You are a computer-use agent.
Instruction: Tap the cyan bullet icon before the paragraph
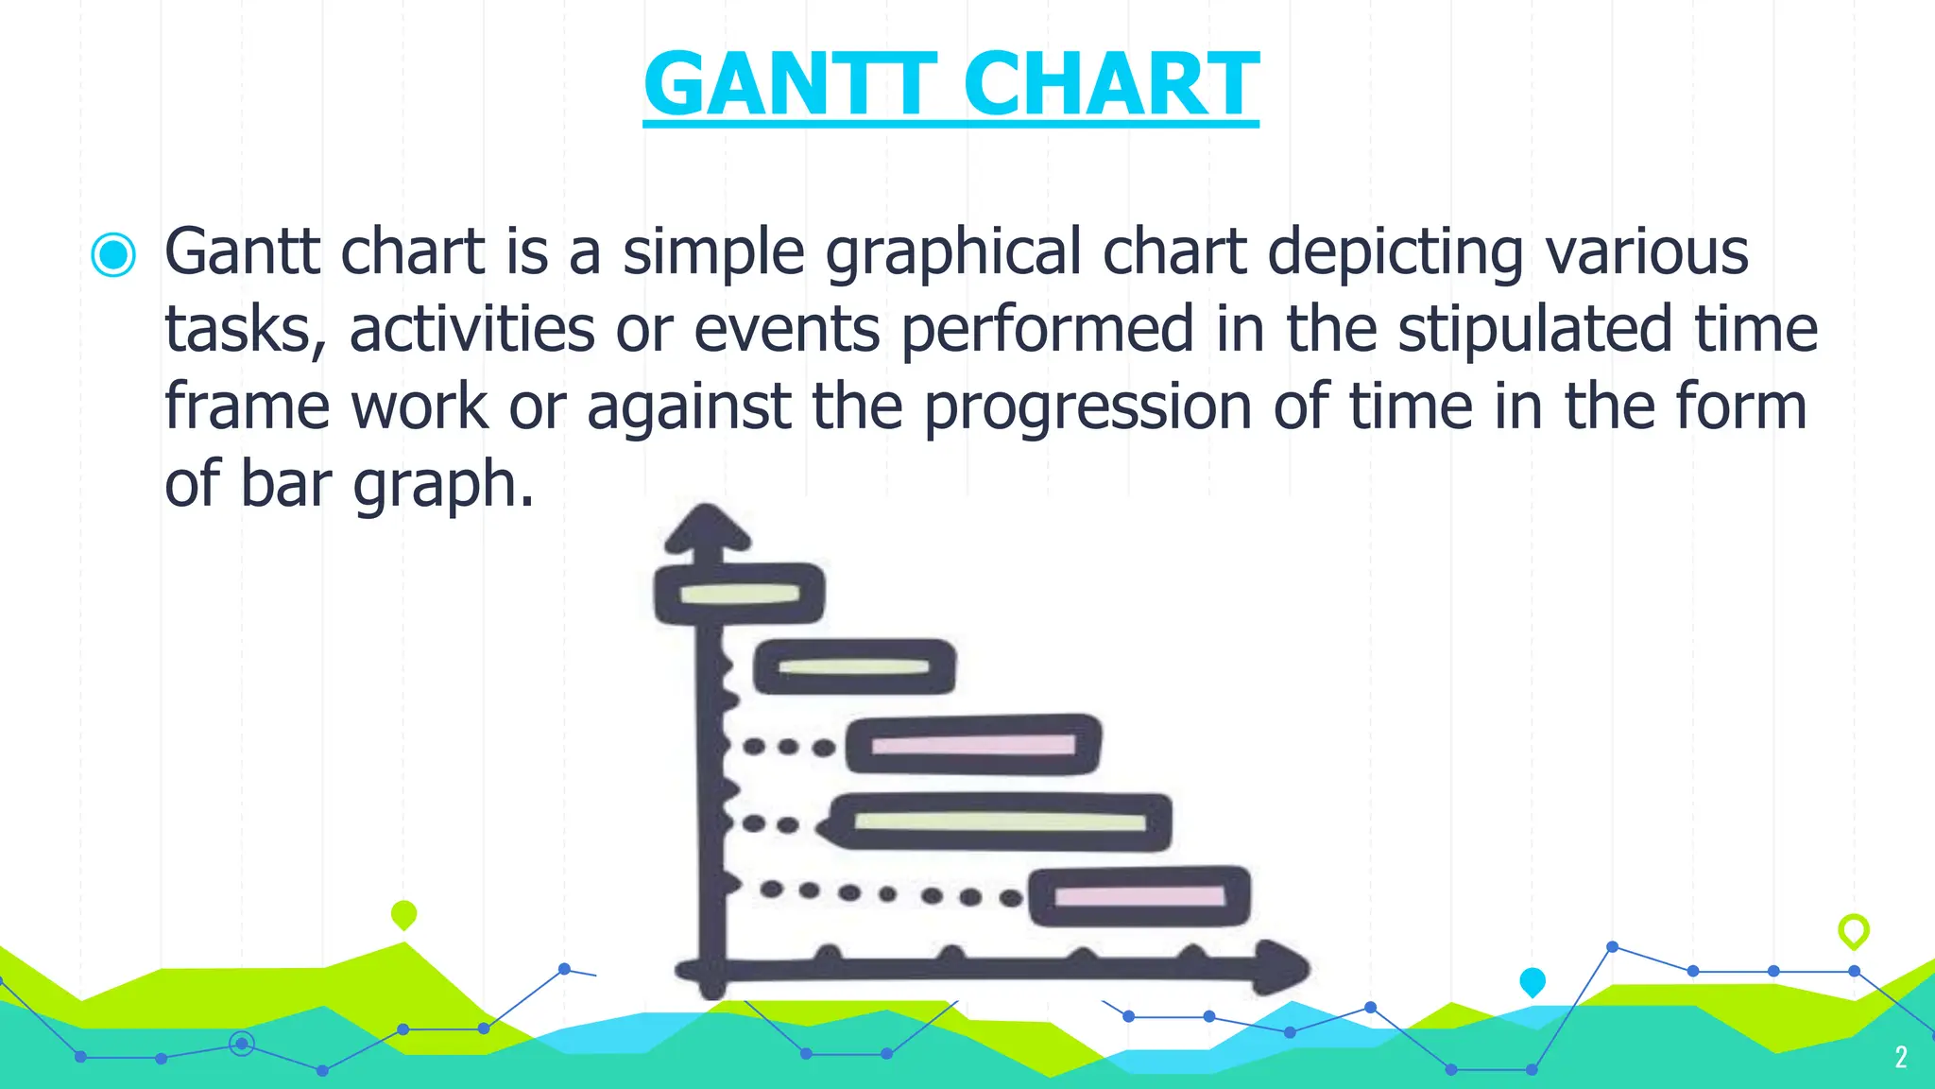[x=113, y=254]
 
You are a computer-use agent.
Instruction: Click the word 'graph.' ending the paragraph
[x=444, y=484]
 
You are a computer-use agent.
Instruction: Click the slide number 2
[x=1901, y=1057]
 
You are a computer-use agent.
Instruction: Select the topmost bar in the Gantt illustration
[x=739, y=594]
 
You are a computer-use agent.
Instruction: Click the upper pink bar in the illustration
[x=973, y=745]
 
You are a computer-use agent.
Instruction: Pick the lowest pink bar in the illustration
[x=1139, y=896]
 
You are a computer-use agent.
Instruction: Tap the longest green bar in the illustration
[x=1000, y=821]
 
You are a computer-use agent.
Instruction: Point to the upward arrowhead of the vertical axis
[x=707, y=529]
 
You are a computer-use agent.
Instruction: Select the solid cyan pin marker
[x=1533, y=981]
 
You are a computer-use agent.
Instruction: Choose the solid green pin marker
[x=403, y=914]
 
